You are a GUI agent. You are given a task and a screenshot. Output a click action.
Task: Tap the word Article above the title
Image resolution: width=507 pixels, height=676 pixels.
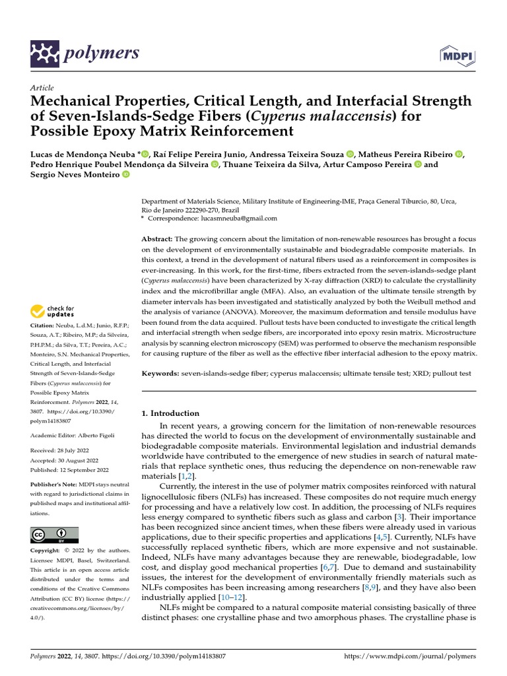(x=42, y=88)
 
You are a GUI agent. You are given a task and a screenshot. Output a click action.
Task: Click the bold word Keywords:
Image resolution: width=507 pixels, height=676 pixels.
(x=160, y=374)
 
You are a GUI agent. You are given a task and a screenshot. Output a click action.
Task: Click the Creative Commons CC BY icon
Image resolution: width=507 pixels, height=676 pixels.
(x=54, y=535)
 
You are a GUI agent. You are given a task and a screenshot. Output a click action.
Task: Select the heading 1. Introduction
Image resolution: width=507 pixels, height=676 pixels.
(x=171, y=413)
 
